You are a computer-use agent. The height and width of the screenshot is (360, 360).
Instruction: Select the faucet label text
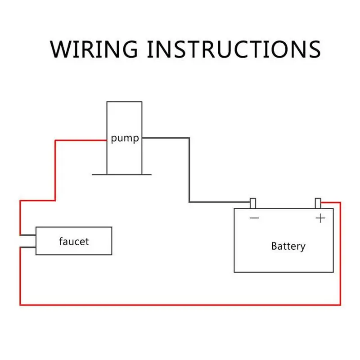74,241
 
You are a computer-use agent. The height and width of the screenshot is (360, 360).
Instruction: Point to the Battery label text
288,246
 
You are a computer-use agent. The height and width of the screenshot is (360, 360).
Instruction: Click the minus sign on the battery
254,218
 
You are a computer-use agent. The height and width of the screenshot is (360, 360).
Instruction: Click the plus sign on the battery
320,218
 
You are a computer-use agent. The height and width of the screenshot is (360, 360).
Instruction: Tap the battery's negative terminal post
253,203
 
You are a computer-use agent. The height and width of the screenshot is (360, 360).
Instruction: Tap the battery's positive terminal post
318,203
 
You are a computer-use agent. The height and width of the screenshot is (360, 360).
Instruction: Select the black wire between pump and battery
189,171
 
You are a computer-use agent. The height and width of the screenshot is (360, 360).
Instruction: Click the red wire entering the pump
81,140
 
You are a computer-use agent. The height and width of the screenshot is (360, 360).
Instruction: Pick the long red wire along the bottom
180,305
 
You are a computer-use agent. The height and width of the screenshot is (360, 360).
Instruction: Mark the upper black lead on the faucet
28,235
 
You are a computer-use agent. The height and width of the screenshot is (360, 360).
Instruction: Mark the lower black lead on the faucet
28,247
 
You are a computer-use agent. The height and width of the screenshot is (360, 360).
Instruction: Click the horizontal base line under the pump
121,174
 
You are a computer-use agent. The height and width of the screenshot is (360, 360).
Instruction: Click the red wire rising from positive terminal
340,252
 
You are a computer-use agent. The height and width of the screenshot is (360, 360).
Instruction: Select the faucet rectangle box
74,241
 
